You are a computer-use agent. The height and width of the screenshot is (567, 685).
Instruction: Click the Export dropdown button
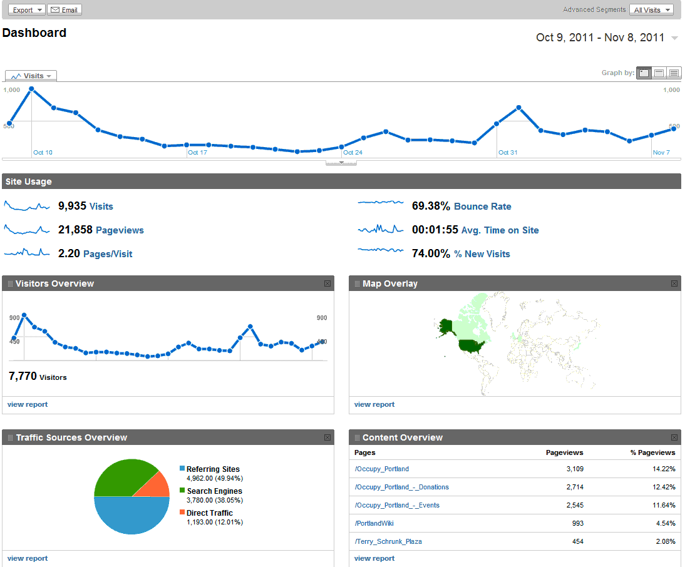[26, 10]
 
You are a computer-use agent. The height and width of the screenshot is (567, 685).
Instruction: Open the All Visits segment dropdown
[652, 10]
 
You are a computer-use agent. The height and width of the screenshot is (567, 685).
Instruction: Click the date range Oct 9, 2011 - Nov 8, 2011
[600, 38]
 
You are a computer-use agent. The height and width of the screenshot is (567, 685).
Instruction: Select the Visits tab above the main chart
[31, 76]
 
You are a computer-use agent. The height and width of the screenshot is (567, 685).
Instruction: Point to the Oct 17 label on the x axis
[197, 152]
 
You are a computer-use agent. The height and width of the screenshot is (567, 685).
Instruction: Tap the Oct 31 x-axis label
[508, 152]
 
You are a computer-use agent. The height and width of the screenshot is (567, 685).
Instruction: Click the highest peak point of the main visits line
[31, 89]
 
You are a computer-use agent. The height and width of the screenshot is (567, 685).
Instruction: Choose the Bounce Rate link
[482, 207]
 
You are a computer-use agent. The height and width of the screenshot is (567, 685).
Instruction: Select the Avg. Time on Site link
[500, 230]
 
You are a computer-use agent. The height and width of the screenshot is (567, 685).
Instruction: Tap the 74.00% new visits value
[431, 253]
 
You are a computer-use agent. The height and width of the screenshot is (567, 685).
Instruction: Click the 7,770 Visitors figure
[23, 376]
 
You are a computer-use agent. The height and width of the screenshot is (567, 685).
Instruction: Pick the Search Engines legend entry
[214, 491]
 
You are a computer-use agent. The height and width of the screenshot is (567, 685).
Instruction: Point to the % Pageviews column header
[652, 452]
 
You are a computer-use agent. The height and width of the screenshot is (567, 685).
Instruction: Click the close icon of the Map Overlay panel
[674, 283]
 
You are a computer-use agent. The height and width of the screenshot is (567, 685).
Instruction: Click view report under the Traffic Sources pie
[28, 558]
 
